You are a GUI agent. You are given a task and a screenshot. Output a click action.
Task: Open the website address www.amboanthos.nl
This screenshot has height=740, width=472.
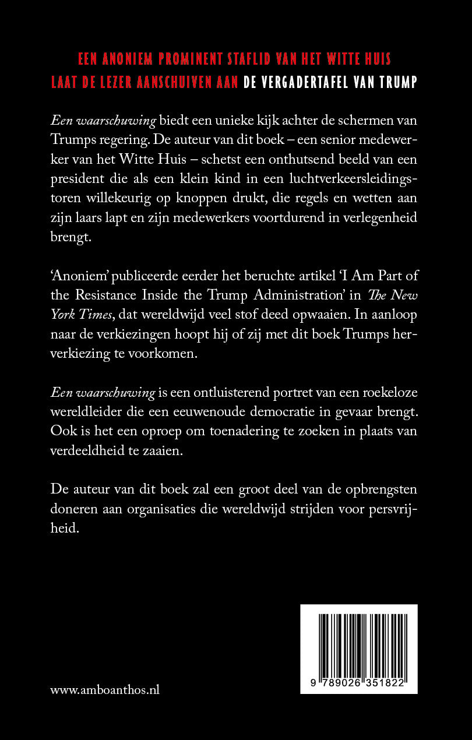tap(105, 690)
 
